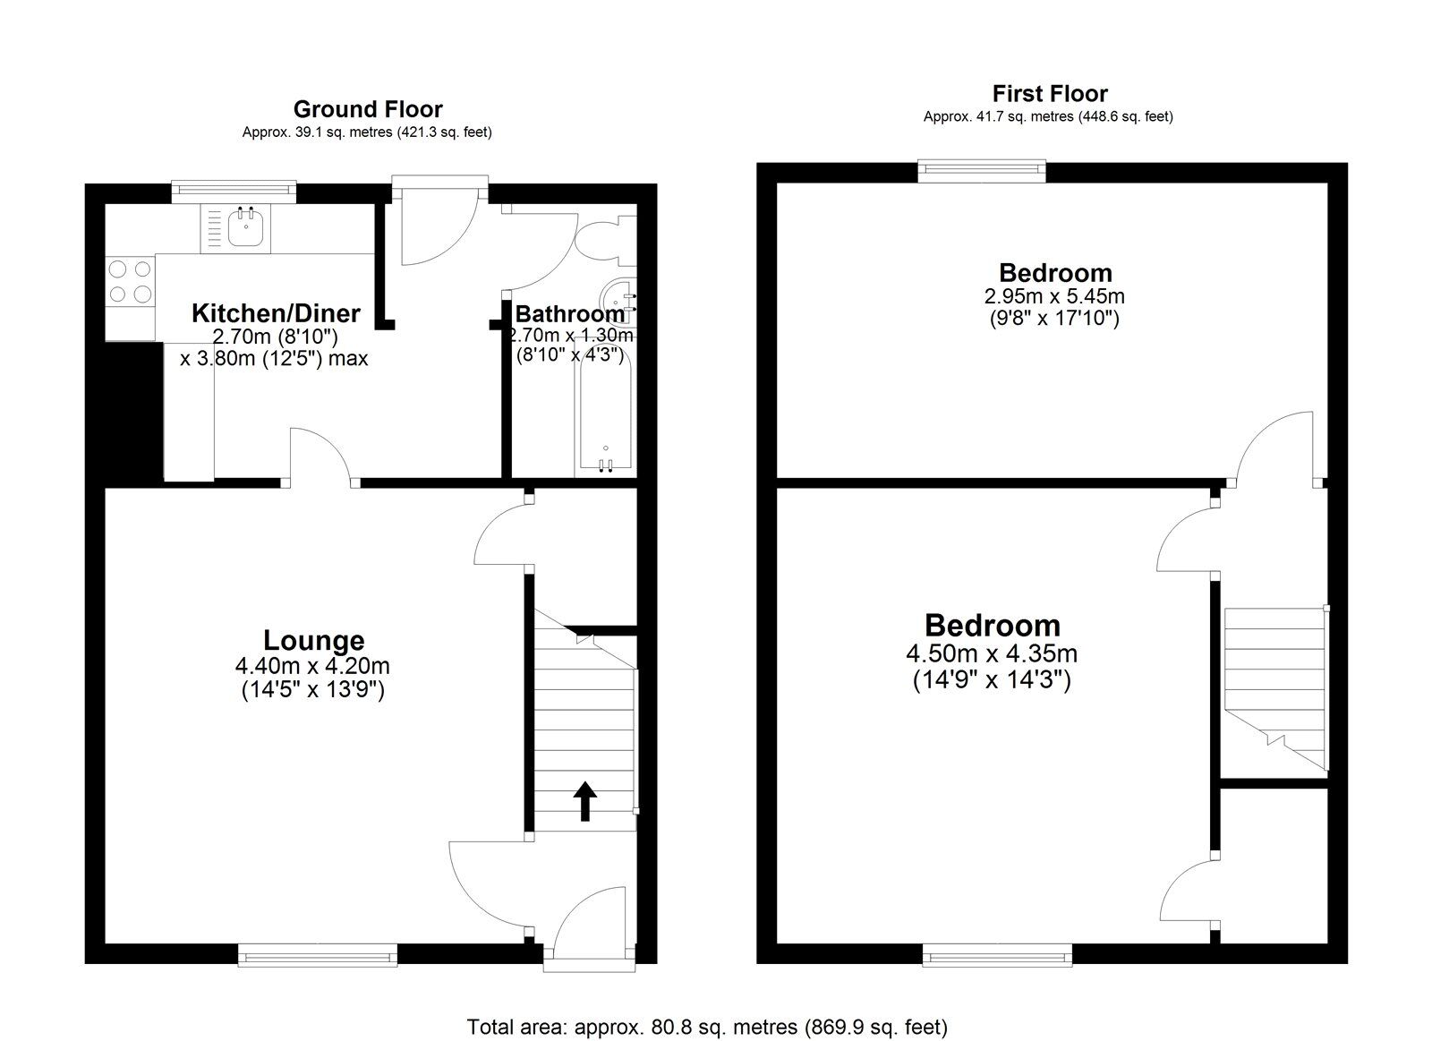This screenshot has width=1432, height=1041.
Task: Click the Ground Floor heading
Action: tap(368, 109)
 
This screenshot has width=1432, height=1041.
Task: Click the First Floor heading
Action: tap(1050, 94)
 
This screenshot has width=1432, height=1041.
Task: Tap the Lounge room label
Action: tap(314, 640)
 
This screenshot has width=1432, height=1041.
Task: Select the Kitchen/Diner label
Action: tap(276, 313)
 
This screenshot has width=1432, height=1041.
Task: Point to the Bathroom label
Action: tap(569, 314)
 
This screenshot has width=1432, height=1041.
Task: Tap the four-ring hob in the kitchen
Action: tap(131, 281)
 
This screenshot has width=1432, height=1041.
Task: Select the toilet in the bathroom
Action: tap(605, 241)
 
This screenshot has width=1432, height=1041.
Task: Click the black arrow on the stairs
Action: tap(584, 800)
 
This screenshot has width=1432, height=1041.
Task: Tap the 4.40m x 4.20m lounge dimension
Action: tap(312, 666)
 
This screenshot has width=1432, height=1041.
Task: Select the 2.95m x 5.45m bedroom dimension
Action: tap(1055, 296)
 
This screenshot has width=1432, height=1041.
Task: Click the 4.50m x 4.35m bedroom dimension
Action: tap(992, 653)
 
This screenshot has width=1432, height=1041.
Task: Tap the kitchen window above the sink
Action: tap(234, 191)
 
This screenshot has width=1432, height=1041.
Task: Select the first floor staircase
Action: tap(1276, 688)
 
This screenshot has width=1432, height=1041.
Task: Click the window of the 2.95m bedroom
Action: tap(982, 170)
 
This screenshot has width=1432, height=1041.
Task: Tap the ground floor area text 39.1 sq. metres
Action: tap(367, 132)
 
